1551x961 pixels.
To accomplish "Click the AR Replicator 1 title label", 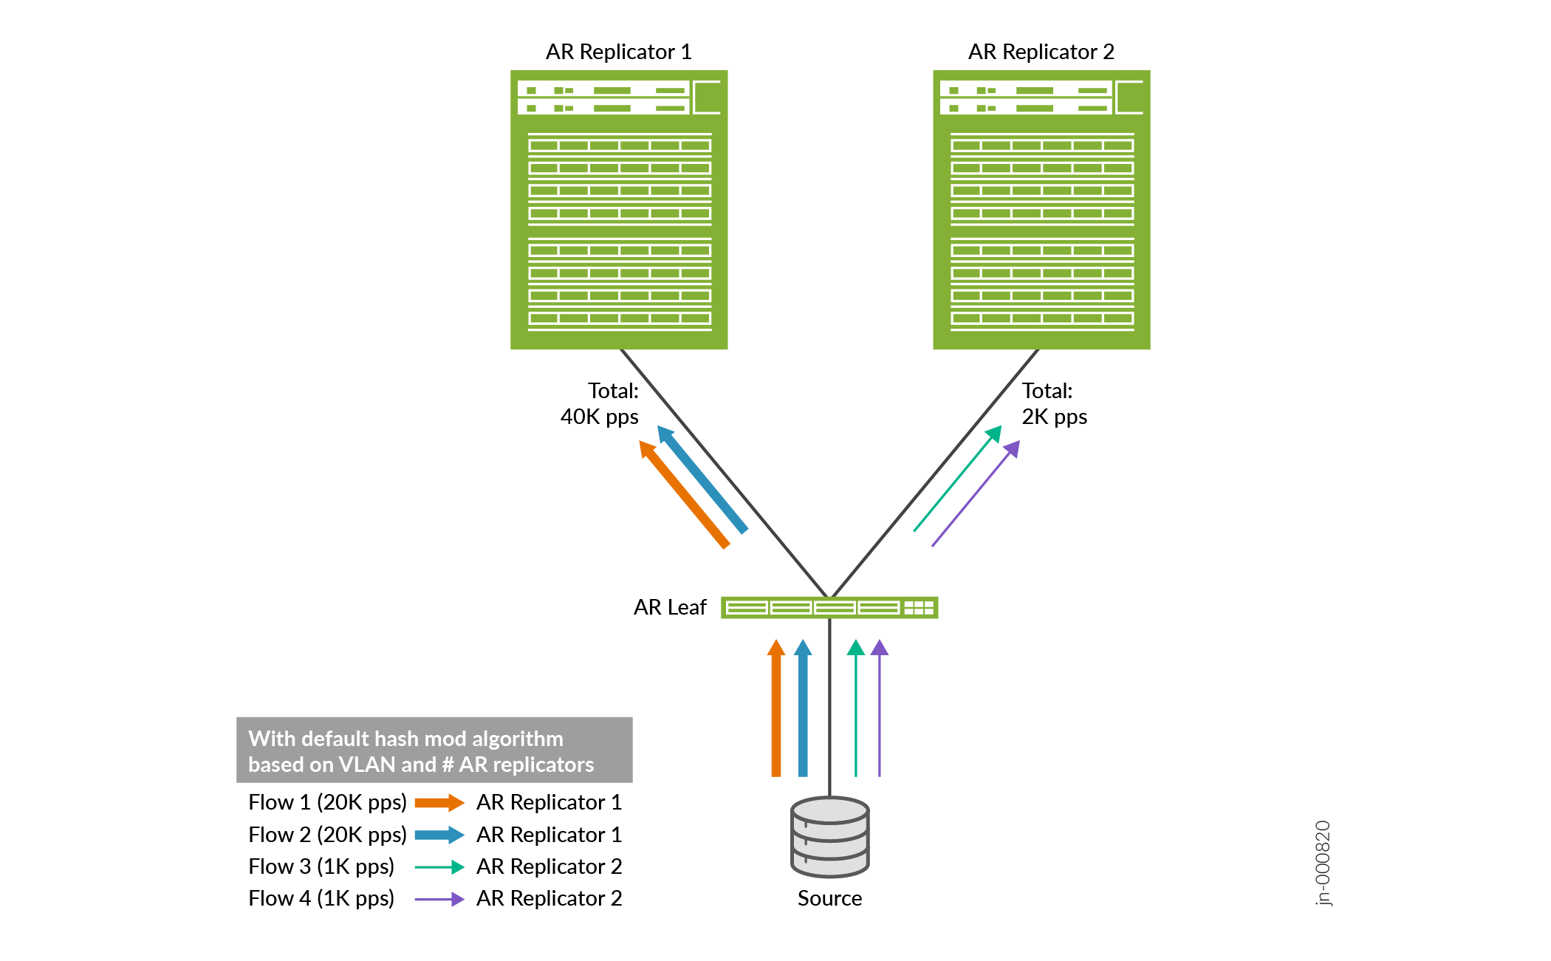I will pos(618,52).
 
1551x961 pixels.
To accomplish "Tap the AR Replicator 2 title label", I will pos(1041,52).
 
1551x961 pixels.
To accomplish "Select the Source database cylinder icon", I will pos(829,837).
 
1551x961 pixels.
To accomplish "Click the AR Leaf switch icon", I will pos(829,607).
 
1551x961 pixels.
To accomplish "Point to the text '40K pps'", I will pos(599,417).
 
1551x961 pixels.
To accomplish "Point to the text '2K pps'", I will pos(1054,417).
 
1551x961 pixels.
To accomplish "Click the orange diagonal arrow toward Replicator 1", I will pos(685,494).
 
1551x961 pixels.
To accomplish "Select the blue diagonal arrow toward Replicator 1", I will pos(703,479).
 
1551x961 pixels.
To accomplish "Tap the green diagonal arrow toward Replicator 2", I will pos(958,478).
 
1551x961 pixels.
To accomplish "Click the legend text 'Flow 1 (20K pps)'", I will pos(327,802).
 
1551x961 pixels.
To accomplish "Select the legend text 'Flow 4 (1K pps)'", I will pos(321,898).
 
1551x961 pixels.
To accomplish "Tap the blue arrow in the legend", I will pos(439,835).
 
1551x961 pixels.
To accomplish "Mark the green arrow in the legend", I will pos(439,866).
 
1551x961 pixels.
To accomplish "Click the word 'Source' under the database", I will pos(829,898).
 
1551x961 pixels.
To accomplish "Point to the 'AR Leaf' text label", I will pos(670,607).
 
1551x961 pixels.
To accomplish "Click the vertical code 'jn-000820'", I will pos(1323,863).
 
